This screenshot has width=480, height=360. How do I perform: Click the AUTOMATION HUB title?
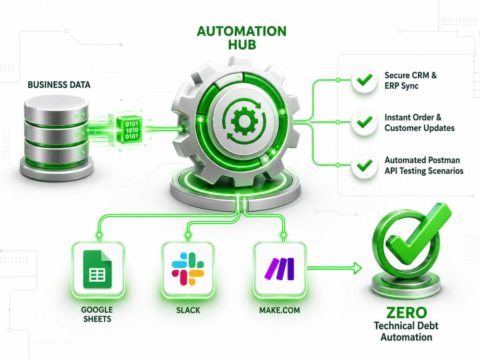(x=241, y=38)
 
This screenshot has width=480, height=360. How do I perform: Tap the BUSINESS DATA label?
(x=59, y=85)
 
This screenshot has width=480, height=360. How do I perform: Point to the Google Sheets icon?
(x=97, y=269)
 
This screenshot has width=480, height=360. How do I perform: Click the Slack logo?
(x=188, y=269)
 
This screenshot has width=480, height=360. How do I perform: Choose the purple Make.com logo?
(x=279, y=269)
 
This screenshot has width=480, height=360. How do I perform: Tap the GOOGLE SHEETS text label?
(x=97, y=314)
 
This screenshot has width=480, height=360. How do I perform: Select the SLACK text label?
(x=188, y=311)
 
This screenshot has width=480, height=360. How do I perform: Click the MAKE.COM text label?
(x=279, y=311)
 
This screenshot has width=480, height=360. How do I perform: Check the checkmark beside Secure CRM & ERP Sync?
(x=364, y=80)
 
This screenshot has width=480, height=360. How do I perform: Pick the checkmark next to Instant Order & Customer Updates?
(x=364, y=122)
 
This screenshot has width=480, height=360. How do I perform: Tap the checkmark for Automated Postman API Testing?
(x=364, y=165)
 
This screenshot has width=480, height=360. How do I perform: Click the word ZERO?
(x=406, y=312)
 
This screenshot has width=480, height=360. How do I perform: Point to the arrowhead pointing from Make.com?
(x=357, y=268)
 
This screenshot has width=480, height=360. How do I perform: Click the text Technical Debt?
(x=406, y=325)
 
